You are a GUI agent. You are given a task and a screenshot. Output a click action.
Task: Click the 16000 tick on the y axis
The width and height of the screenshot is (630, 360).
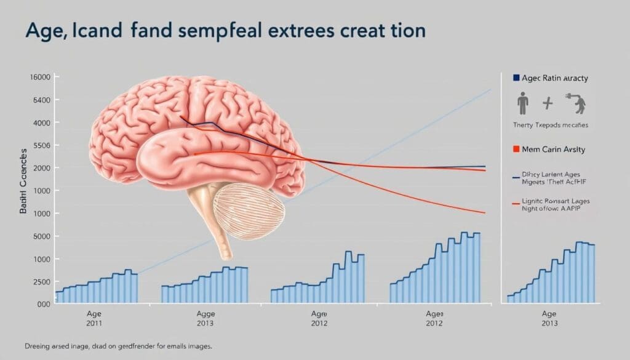pyautogui.click(x=39, y=77)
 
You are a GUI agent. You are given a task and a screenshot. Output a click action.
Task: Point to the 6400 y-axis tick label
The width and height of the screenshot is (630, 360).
pyautogui.click(x=39, y=100)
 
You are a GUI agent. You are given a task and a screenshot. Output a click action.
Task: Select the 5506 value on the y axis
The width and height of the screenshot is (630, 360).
pyautogui.click(x=39, y=145)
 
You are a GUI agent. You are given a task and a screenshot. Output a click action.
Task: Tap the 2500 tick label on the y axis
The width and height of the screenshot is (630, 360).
pyautogui.click(x=39, y=281)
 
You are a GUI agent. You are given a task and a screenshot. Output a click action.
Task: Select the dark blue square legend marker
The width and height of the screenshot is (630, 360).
pyautogui.click(x=516, y=78)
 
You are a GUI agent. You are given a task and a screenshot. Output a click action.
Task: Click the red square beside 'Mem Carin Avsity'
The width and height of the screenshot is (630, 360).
pyautogui.click(x=516, y=149)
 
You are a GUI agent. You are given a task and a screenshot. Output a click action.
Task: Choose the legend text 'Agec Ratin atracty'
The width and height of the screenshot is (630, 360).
pyautogui.click(x=554, y=78)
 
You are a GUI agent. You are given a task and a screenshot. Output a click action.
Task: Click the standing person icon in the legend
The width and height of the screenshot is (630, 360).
pyautogui.click(x=523, y=104)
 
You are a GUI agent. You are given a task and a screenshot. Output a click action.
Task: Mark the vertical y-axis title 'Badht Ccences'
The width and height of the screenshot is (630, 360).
pyautogui.click(x=24, y=182)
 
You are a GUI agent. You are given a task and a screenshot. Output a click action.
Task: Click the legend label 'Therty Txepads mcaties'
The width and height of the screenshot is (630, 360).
pyautogui.click(x=550, y=125)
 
